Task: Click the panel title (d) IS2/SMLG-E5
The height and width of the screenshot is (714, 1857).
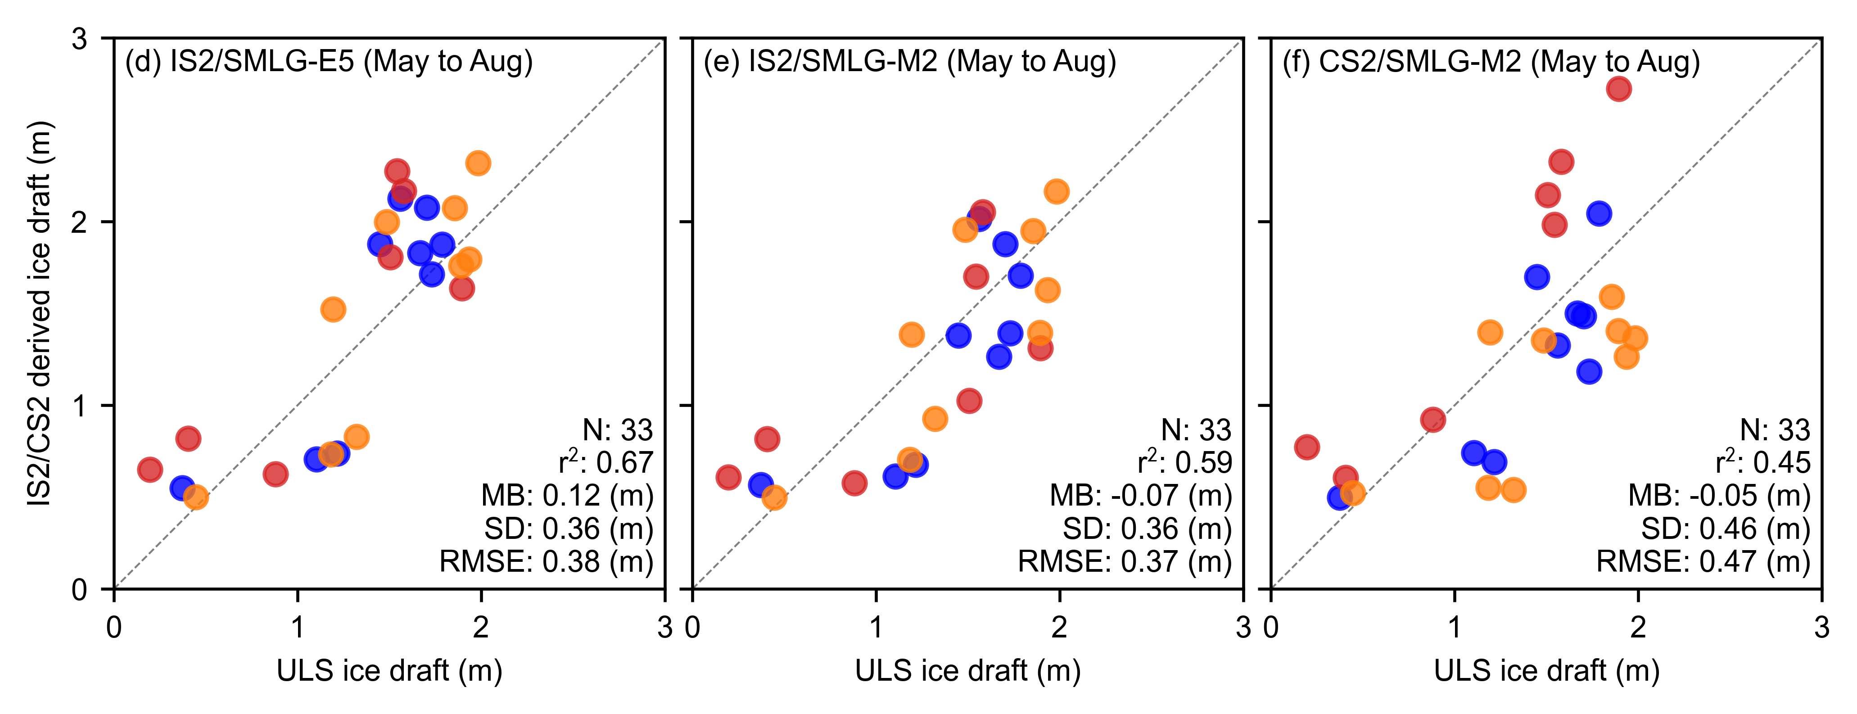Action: coord(329,62)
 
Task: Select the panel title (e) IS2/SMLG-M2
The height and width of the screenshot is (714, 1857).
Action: coord(910,62)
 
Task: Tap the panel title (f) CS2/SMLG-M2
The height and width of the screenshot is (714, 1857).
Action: coord(1491,62)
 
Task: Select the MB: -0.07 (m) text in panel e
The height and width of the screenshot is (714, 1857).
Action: coord(1140,496)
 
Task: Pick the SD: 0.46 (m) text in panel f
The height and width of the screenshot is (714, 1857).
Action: coord(1726,529)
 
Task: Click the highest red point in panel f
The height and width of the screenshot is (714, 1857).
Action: coord(1618,89)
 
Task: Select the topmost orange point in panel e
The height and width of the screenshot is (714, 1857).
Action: coord(1056,191)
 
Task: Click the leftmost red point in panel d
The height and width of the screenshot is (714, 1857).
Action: coord(149,470)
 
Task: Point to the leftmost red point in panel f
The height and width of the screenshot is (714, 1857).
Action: coord(1306,447)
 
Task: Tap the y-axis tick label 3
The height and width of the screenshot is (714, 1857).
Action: coord(79,39)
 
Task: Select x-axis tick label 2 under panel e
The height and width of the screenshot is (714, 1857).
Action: coord(1059,628)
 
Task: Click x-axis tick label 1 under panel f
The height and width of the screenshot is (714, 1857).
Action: coord(1455,628)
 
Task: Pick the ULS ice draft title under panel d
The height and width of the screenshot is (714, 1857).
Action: coord(389,671)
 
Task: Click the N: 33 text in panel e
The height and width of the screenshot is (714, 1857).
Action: coord(1196,430)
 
